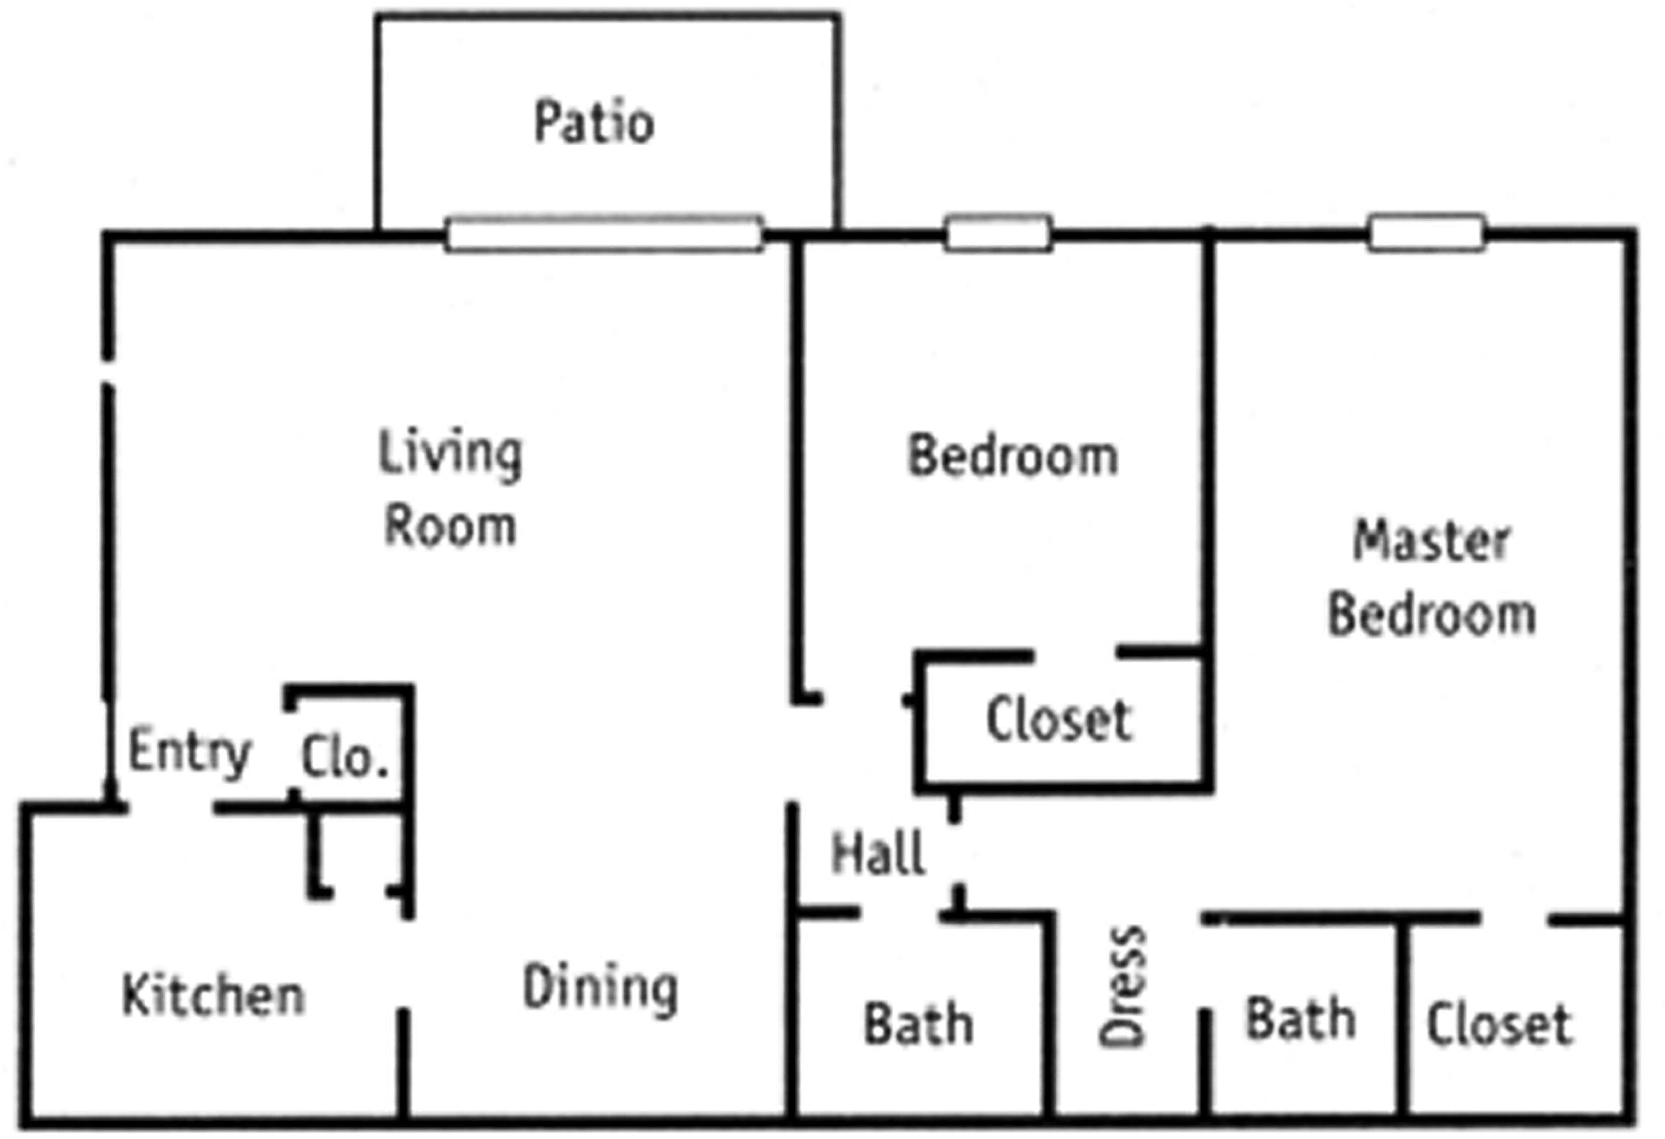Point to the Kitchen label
coord(214,996)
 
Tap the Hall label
coord(878,853)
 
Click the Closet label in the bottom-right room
coord(1499,1024)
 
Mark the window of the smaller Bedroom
coord(998,233)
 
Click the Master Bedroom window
coord(1427,233)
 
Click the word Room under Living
coord(450,526)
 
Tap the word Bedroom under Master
coord(1432,614)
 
